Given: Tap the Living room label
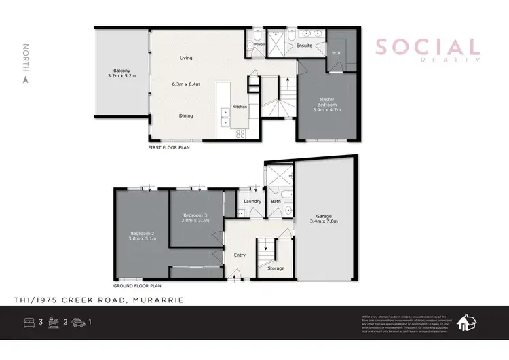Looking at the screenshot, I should point(186,58).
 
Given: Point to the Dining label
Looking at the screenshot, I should point(186,115).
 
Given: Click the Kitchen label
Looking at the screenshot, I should point(240,107).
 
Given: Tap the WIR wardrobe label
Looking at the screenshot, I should point(335,52).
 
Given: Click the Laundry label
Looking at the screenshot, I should point(252,201).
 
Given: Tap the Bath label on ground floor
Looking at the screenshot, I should point(276,201).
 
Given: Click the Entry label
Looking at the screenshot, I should point(240,255).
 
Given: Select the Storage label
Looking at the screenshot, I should point(276,268).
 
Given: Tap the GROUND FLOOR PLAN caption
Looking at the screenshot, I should point(137,286).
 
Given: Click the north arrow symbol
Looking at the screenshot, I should point(26,79).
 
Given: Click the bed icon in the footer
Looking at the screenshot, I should point(29,322).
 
